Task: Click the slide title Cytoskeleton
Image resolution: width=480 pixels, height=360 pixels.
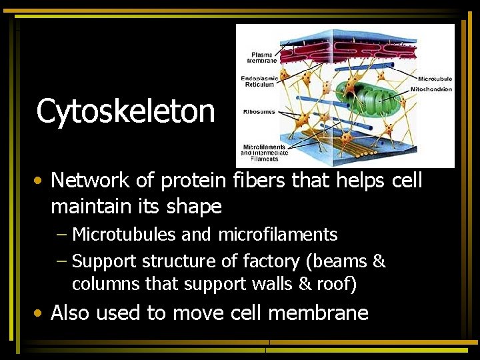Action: pos(125,111)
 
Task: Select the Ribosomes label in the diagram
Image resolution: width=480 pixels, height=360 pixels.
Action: pos(259,112)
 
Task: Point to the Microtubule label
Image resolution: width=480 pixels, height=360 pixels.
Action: pos(435,79)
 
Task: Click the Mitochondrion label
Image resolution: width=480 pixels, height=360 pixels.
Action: pos(431,89)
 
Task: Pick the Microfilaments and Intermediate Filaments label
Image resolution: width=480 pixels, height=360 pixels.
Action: pos(265,153)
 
